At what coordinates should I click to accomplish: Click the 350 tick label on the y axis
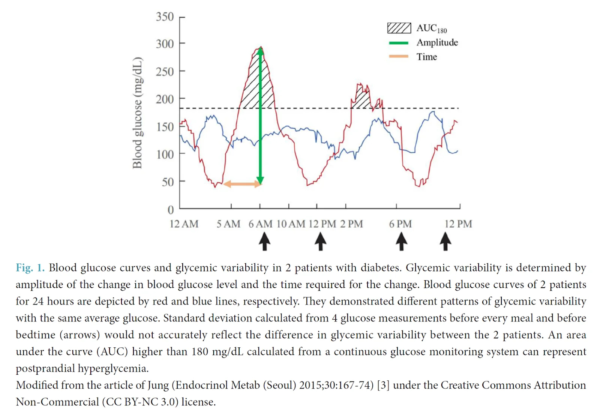(x=165, y=17)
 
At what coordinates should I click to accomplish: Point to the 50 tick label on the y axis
(x=168, y=182)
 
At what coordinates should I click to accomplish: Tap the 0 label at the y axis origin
(x=171, y=210)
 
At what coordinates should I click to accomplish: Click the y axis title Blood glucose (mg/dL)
(x=138, y=113)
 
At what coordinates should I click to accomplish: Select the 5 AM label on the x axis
(x=228, y=224)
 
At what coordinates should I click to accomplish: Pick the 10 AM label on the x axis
(x=291, y=224)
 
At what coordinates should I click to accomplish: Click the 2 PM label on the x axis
(x=351, y=224)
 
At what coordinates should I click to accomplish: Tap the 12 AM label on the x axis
(x=184, y=224)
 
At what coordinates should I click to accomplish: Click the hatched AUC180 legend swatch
(x=399, y=28)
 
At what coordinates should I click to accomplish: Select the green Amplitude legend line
(x=399, y=43)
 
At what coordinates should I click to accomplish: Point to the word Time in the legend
(x=427, y=57)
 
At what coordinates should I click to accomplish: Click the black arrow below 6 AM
(x=264, y=241)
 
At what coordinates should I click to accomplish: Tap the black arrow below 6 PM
(x=401, y=241)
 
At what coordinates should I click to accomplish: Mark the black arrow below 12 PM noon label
(x=320, y=241)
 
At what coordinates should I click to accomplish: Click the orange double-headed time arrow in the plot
(x=242, y=184)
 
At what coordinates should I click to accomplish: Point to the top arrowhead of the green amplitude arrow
(x=260, y=50)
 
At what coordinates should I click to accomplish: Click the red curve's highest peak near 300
(x=261, y=47)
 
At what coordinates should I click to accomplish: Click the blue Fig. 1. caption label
(x=30, y=268)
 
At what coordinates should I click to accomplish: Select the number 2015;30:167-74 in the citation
(x=336, y=385)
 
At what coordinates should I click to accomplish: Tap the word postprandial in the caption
(x=45, y=368)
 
